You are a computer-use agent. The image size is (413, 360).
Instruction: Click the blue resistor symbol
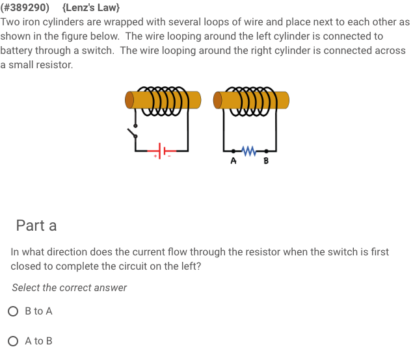coord(249,151)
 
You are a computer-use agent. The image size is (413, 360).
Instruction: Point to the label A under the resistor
coord(232,161)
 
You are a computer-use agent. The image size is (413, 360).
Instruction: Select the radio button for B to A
coord(14,311)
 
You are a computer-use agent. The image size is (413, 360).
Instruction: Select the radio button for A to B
coord(14,341)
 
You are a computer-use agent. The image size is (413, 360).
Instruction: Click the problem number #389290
coord(27,8)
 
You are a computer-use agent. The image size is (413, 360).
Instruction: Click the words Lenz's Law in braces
coord(91,8)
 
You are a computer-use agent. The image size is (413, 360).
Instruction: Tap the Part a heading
coord(36,225)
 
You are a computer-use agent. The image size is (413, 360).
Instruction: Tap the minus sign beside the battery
coord(168,156)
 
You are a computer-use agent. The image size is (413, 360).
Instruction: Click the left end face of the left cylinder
coord(130,100)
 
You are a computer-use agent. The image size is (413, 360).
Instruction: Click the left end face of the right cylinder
coord(218,100)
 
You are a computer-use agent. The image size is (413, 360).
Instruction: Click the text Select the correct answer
coord(69,288)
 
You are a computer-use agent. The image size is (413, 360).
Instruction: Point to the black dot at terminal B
coord(266,151)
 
